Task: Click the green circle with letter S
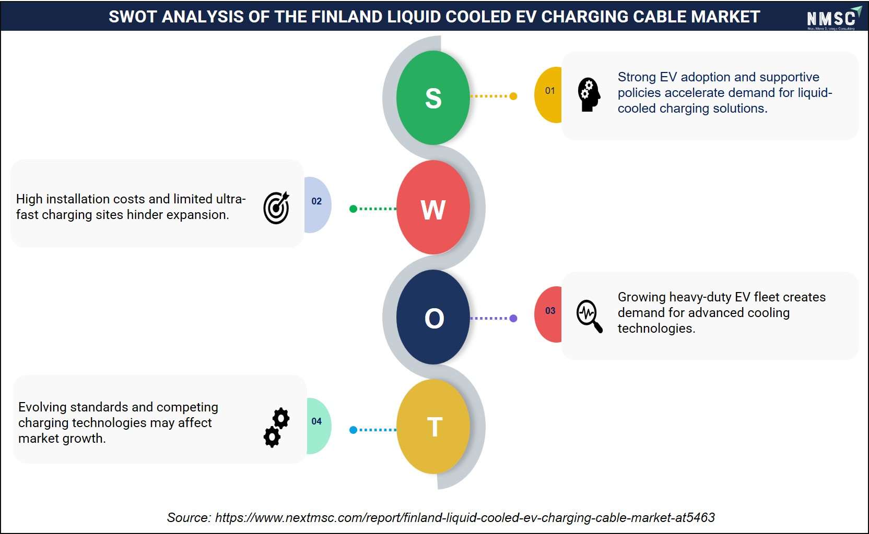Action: click(433, 98)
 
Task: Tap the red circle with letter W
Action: click(433, 208)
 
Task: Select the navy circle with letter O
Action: click(433, 317)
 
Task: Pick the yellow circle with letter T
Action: click(433, 426)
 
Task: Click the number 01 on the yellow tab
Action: click(550, 91)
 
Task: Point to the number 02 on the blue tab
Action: click(316, 201)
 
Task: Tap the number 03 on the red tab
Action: click(550, 310)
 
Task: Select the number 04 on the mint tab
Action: click(316, 421)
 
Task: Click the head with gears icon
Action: click(589, 94)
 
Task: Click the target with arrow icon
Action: click(276, 208)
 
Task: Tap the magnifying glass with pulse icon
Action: click(589, 316)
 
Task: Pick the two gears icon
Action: click(277, 428)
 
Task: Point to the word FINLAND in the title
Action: click(347, 17)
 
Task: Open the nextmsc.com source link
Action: click(465, 517)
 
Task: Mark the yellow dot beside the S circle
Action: click(513, 96)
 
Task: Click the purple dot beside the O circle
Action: click(513, 318)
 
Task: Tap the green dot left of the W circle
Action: click(353, 209)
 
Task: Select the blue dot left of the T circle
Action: click(353, 430)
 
